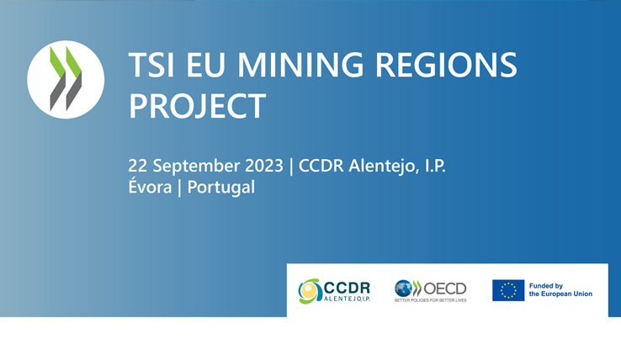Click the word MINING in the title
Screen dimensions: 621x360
pos(300,65)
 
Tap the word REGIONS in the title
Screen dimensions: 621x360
pos(446,65)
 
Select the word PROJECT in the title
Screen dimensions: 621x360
pos(197,106)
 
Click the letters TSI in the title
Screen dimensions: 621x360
pos(151,65)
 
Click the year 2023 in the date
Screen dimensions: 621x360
pos(264,166)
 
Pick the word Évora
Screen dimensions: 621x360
pos(150,186)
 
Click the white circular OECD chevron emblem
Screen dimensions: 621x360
pos(66,79)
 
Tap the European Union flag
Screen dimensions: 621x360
pos(508,290)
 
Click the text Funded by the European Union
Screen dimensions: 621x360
pos(560,290)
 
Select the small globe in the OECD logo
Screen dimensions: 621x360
pos(403,289)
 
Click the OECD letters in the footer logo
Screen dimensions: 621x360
pos(445,289)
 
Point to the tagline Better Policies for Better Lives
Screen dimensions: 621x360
pos(431,300)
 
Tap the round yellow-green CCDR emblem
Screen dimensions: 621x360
pos(310,292)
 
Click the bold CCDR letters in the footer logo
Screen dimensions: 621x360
pos(347,288)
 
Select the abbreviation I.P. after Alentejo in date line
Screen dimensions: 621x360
pos(435,166)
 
